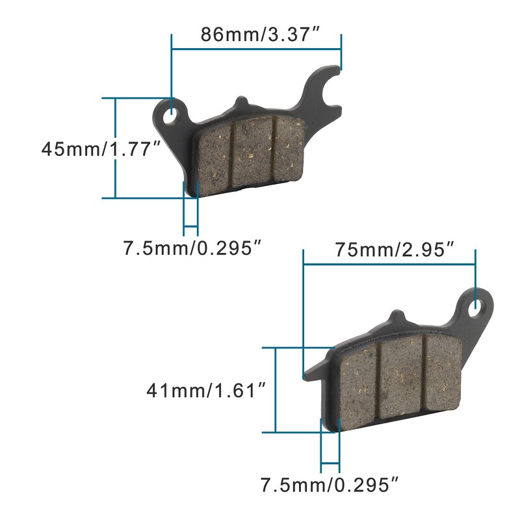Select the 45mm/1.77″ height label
[101, 148]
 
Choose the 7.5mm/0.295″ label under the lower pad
[329, 484]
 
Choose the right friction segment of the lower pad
[442, 370]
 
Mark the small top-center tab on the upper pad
[241, 104]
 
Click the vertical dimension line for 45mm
[116, 148]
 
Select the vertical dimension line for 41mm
[276, 390]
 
